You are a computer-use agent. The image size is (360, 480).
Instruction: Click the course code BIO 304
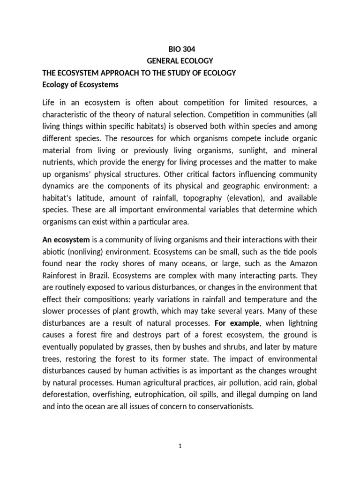pos(180,48)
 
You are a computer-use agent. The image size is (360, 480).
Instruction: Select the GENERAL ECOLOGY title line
pos(180,60)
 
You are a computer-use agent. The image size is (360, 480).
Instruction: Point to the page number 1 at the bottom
pos(180,447)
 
